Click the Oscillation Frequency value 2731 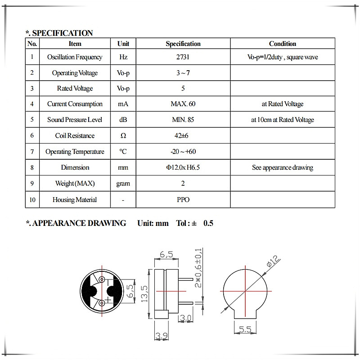pyautogui.click(x=183, y=57)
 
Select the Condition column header pyautogui.click(x=283, y=44)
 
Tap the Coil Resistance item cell pyautogui.click(x=75, y=135)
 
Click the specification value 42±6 pyautogui.click(x=183, y=135)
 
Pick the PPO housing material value pyautogui.click(x=183, y=199)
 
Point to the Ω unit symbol pyautogui.click(x=123, y=135)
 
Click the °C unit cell pyautogui.click(x=123, y=152)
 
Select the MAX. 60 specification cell pyautogui.click(x=183, y=104)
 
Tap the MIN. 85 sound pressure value pyautogui.click(x=183, y=120)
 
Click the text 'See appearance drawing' pyautogui.click(x=283, y=167)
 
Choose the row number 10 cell pyautogui.click(x=32, y=199)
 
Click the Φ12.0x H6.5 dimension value pyautogui.click(x=183, y=167)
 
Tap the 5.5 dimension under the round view pyautogui.click(x=245, y=330)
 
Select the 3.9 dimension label pyautogui.click(x=161, y=335)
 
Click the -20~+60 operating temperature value pyautogui.click(x=183, y=152)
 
